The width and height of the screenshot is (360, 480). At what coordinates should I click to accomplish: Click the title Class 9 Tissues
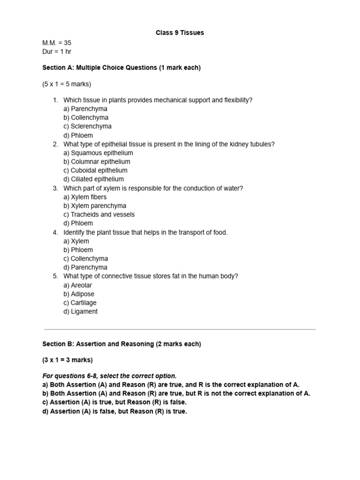pos(180,33)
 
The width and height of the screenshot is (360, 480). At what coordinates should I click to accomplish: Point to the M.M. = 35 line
pos(57,43)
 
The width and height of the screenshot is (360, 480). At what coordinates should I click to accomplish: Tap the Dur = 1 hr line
pos(57,52)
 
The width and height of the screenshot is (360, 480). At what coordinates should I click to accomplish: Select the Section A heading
pos(121,67)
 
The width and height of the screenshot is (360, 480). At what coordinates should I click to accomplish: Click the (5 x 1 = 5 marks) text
pos(67,84)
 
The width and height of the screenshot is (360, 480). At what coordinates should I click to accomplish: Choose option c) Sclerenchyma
pos(88,127)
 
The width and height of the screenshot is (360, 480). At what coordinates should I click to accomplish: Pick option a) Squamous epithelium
pos(98,153)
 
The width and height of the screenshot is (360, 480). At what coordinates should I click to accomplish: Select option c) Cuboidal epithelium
pos(96,171)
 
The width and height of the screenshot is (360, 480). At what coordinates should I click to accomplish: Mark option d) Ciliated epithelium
pos(94,179)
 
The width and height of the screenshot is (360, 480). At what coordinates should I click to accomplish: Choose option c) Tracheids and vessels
pos(99,215)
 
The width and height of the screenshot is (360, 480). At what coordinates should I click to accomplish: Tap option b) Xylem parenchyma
pos(95,206)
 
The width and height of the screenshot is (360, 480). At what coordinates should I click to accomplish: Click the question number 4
pos(55,232)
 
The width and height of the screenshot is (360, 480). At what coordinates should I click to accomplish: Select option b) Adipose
pos(79,294)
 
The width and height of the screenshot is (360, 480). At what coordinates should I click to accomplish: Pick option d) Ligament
pos(81,312)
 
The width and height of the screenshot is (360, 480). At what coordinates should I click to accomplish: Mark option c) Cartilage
pos(80,303)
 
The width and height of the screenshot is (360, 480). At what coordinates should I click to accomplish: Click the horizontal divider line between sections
pos(180,330)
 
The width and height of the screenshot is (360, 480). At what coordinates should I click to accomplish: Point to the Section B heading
pos(122,344)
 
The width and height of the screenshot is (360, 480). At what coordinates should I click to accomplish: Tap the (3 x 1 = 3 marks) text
pos(67,360)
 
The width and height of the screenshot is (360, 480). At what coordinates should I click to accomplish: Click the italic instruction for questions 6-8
pos(110,376)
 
